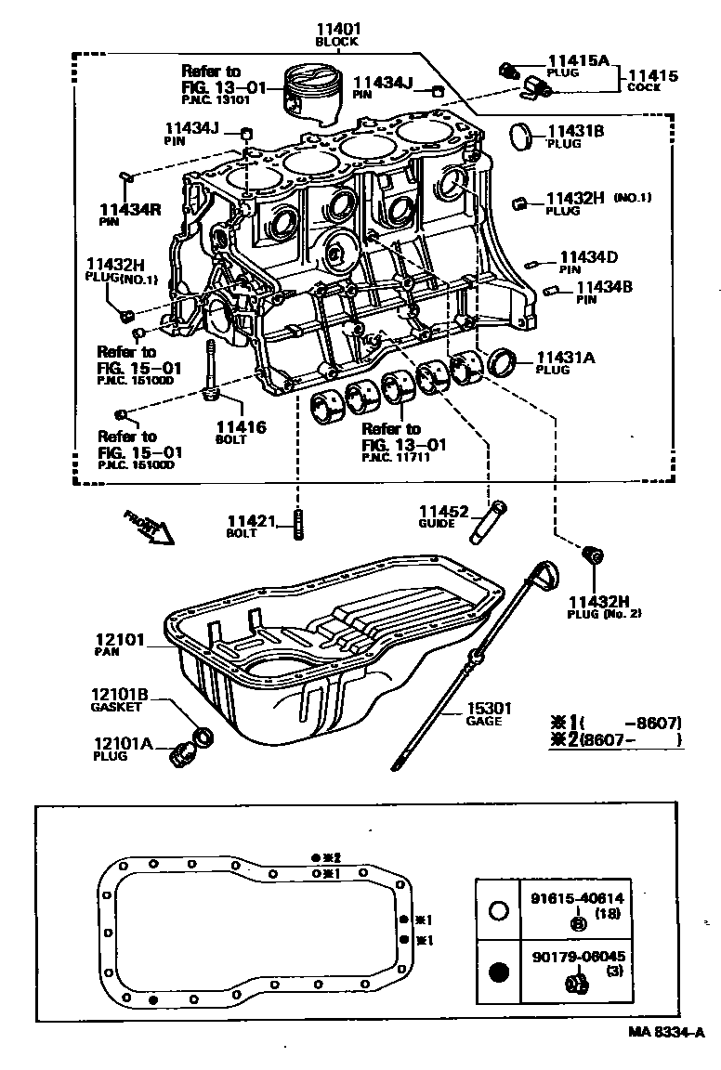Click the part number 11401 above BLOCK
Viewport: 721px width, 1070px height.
336,29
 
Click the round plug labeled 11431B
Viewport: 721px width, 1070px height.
525,137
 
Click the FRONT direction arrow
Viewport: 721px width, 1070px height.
149,527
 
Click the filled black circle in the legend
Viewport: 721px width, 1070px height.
499,972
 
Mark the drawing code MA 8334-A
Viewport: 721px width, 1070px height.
665,1032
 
